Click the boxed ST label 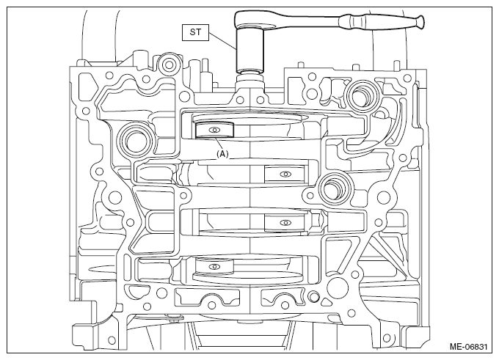coord(195,32)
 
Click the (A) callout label coord(222,154)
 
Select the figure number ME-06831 coord(468,346)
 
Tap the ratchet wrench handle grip coord(382,22)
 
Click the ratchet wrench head coord(252,21)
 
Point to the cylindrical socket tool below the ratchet coord(249,51)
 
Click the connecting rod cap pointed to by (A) coord(214,130)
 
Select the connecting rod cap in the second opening coord(285,174)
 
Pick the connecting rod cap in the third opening coord(285,222)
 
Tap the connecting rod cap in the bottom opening coord(214,266)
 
